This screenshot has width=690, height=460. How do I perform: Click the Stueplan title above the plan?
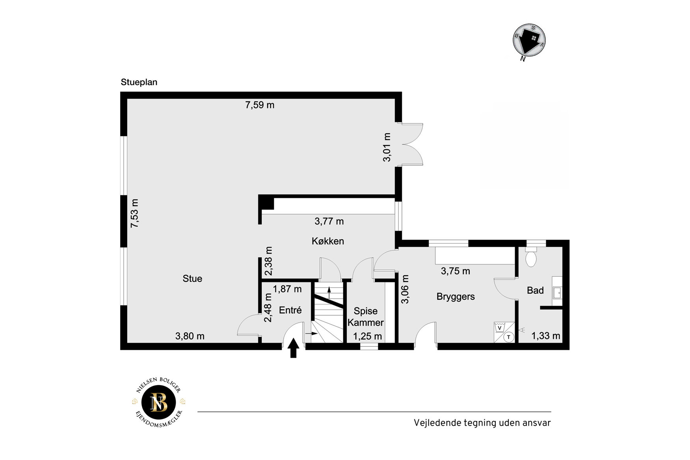(x=139, y=82)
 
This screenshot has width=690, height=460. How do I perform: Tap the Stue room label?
(x=192, y=279)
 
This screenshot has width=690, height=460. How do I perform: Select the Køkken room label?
(x=328, y=241)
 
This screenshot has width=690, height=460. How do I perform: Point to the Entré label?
(x=290, y=310)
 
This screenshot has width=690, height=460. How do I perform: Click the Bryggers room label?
(x=456, y=297)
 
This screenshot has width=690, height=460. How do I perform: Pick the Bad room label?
(x=535, y=291)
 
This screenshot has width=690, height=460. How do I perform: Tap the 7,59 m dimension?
(x=260, y=105)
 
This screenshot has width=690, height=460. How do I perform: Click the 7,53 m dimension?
(x=135, y=213)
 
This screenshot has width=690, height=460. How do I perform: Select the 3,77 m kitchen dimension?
(x=329, y=222)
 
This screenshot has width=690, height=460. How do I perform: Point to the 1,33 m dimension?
(x=546, y=336)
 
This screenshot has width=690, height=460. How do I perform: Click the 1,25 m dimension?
(x=367, y=336)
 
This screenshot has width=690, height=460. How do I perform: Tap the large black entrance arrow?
(x=293, y=348)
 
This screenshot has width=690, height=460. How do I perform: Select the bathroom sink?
(x=557, y=292)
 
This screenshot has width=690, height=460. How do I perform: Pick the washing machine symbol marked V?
(x=500, y=328)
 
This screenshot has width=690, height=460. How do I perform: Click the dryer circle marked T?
(x=509, y=337)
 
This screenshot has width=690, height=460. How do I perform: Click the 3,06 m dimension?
(x=405, y=289)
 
